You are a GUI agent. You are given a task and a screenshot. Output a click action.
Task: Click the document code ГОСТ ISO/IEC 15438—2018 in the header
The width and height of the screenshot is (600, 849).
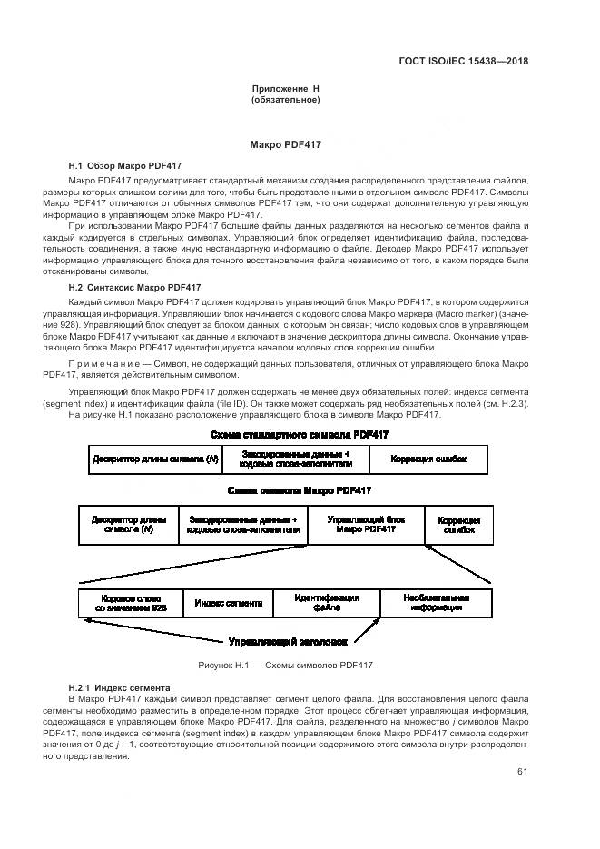[x=463, y=62]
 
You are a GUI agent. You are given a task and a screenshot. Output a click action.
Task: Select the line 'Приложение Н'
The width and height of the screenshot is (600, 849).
[x=285, y=88]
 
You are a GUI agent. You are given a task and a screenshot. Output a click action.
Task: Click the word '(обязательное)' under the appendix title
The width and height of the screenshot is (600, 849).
[x=285, y=99]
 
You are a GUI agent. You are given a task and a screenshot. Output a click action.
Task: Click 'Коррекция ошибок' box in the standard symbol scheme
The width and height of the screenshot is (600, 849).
[x=428, y=459]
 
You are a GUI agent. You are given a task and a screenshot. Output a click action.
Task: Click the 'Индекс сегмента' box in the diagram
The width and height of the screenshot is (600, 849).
[x=229, y=603]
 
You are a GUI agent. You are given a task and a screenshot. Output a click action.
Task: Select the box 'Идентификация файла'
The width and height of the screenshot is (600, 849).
[x=327, y=603]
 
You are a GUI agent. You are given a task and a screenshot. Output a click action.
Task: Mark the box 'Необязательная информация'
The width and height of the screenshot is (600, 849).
[x=438, y=603]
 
